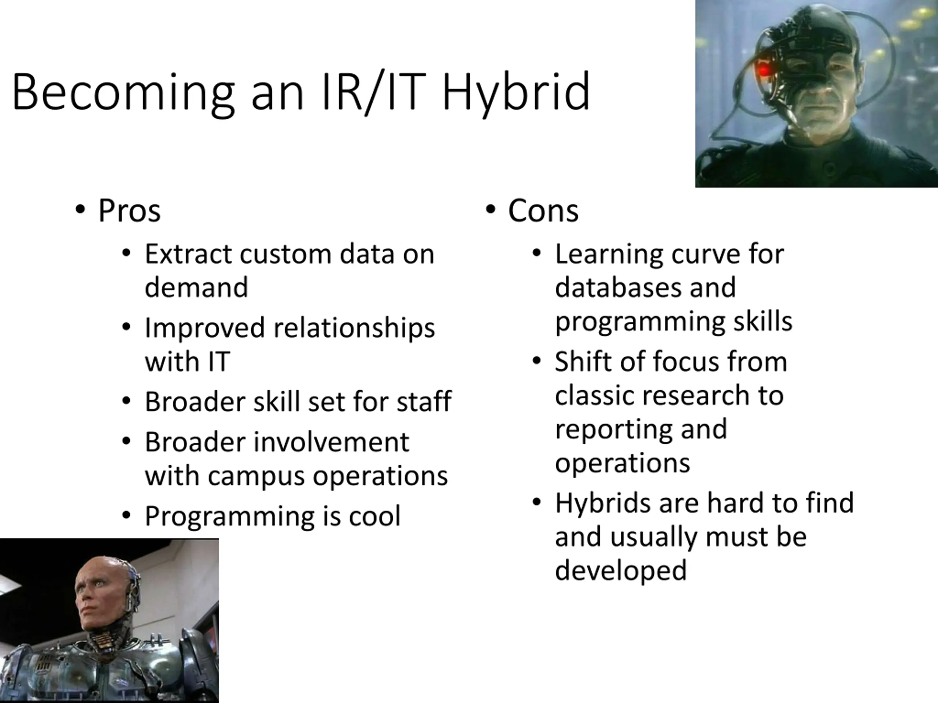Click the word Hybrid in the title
[x=516, y=93]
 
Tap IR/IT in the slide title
[x=373, y=92]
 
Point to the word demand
[x=196, y=287]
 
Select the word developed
[x=621, y=570]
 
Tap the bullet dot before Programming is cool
[x=126, y=515]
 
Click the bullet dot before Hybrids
[x=536, y=502]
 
